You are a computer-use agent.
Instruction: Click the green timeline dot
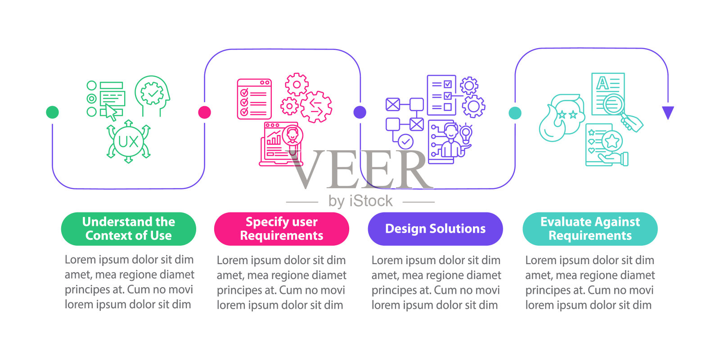pyautogui.click(x=53, y=112)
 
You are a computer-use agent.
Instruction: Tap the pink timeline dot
pyautogui.click(x=205, y=112)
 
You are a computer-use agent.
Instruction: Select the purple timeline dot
pyautogui.click(x=360, y=112)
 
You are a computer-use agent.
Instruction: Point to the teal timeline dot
pyautogui.click(x=515, y=113)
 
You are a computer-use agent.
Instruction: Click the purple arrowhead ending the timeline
pyautogui.click(x=668, y=112)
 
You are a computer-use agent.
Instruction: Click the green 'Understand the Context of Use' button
pyautogui.click(x=129, y=229)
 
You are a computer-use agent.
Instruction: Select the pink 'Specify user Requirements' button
pyautogui.click(x=282, y=229)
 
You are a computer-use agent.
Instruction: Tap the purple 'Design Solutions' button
pyautogui.click(x=435, y=229)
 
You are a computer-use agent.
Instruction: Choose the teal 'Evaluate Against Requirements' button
pyautogui.click(x=590, y=229)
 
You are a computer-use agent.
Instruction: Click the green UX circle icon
pyautogui.click(x=128, y=142)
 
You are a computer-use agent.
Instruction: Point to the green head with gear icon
pyautogui.click(x=153, y=95)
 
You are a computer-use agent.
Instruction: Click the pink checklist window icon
pyautogui.click(x=254, y=99)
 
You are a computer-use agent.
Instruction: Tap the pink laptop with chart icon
pyautogui.click(x=278, y=145)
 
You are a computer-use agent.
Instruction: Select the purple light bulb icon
pyautogui.click(x=466, y=133)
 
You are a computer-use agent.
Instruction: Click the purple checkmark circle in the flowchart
pyautogui.click(x=405, y=142)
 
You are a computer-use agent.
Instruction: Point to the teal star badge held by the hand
pyautogui.click(x=612, y=141)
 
